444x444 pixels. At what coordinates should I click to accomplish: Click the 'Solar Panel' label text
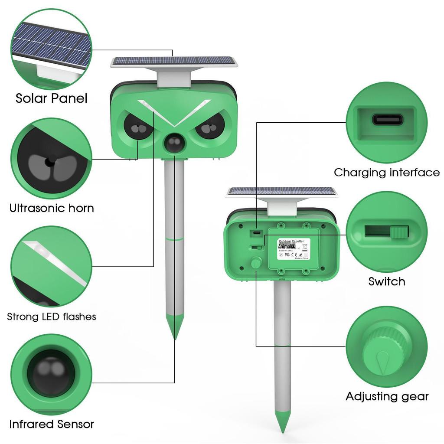coord(51,98)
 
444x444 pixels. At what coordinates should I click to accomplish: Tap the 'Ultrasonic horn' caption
coord(52,208)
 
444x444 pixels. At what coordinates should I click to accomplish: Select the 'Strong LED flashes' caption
coord(52,317)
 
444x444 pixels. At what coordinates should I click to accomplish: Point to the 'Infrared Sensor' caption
coord(52,424)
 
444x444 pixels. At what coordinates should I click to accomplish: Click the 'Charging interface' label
coord(386,173)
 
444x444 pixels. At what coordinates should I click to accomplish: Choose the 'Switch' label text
coord(386,281)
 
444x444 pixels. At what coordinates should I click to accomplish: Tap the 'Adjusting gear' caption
coord(387,396)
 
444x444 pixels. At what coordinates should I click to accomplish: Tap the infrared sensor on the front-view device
coord(174,143)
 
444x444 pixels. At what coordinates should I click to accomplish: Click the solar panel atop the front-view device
coord(174,61)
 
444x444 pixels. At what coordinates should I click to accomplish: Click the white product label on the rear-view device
coord(293,248)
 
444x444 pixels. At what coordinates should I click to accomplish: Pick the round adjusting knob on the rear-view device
coord(256,263)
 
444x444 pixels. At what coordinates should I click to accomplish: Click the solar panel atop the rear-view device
coord(282,191)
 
